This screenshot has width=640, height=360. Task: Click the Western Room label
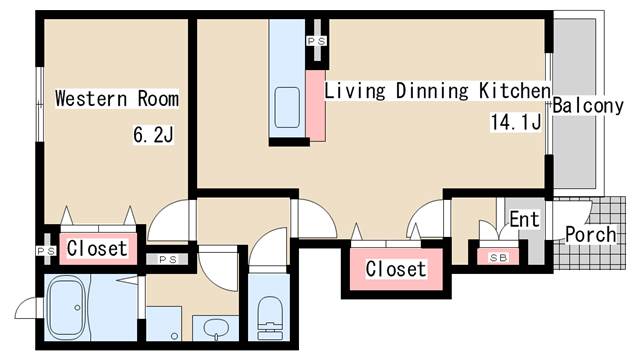point(117,99)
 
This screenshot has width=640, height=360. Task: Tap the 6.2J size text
point(153,134)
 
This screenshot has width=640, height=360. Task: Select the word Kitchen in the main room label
point(515,91)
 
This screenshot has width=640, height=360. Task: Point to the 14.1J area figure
point(516,122)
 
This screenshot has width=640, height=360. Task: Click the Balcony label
point(588,106)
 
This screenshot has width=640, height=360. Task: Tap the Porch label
point(591,234)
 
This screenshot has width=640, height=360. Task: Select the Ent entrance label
point(524,219)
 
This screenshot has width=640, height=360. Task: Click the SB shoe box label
point(498,258)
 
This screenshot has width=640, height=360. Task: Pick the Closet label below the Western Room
point(97,248)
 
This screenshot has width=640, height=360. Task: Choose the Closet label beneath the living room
point(396,269)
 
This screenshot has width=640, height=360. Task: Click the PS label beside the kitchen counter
point(317,41)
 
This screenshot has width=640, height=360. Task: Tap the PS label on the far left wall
point(46,251)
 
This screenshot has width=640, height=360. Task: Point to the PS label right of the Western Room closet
point(167,259)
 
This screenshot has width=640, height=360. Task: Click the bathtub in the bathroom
point(67,308)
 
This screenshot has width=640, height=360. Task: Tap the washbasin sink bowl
point(216,327)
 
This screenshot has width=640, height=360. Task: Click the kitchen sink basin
point(287,107)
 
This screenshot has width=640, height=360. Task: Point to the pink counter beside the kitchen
point(316,106)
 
